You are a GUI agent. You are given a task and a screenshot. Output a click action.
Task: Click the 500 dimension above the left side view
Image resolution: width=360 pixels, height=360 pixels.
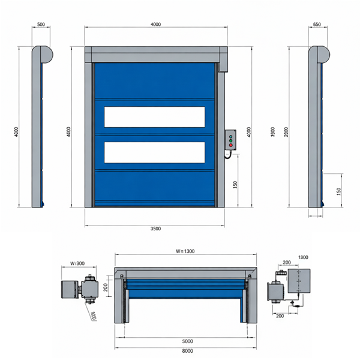click(41, 25)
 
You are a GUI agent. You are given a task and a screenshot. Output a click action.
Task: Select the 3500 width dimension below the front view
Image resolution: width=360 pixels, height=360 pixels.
click(155, 229)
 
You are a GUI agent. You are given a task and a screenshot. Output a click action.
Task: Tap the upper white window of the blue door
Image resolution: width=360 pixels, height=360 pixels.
click(154, 116)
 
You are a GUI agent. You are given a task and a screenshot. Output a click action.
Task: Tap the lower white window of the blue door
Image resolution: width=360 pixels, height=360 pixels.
click(154, 153)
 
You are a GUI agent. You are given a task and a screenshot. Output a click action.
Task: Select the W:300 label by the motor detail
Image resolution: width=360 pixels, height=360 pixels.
click(77, 263)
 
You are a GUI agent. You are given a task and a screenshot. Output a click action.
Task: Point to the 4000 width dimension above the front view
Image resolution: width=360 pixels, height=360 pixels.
click(155, 25)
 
